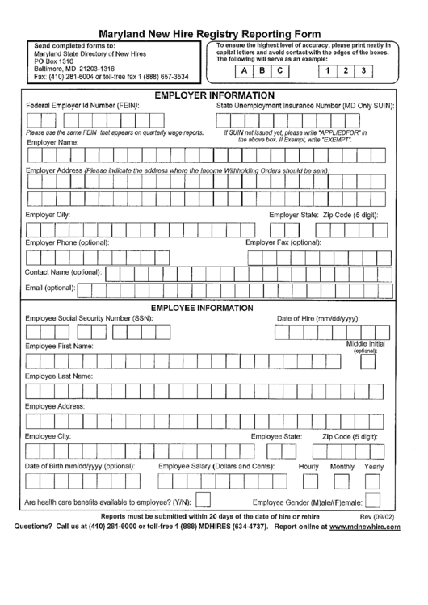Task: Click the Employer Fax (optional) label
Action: point(283,242)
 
